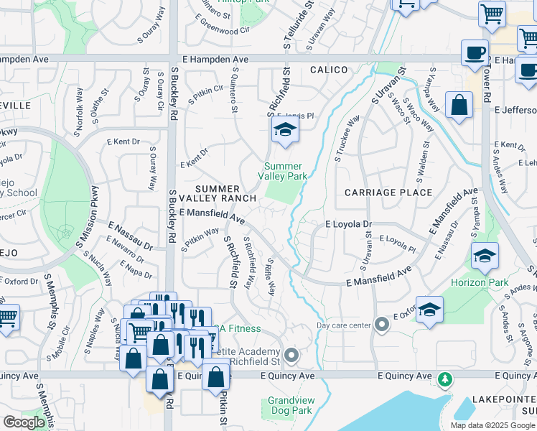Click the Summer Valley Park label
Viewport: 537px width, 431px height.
click(284, 171)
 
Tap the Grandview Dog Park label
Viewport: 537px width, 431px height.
click(290, 405)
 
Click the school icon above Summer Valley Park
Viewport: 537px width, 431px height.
click(285, 131)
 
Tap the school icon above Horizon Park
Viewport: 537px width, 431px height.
click(485, 256)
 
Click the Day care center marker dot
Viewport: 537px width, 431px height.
click(382, 325)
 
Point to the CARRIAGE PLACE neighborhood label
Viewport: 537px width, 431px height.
click(388, 193)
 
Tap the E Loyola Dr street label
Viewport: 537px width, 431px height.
click(349, 224)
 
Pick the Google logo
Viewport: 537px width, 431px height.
click(24, 422)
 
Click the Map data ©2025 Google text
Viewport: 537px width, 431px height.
click(492, 425)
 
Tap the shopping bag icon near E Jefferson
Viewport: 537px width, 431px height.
click(459, 105)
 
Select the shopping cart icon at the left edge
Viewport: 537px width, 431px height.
click(7, 317)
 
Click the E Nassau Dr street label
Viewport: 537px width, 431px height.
click(130, 236)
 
